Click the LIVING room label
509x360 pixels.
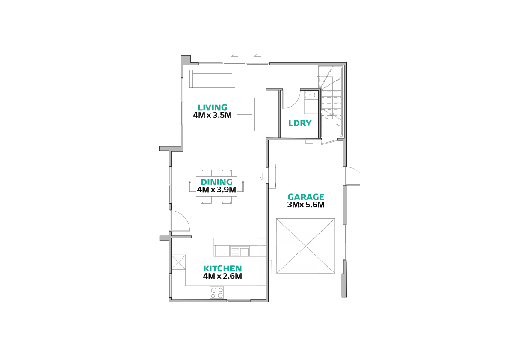pyautogui.click(x=213, y=107)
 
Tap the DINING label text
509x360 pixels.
pyautogui.click(x=216, y=182)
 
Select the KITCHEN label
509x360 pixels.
pyautogui.click(x=222, y=268)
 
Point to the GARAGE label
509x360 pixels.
pyautogui.click(x=306, y=197)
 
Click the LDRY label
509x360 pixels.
pyautogui.click(x=300, y=123)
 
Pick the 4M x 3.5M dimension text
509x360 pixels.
pyautogui.click(x=212, y=115)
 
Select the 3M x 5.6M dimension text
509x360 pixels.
pyautogui.click(x=306, y=205)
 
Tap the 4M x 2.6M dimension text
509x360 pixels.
pyautogui.click(x=222, y=276)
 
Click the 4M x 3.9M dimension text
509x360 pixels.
pyautogui.click(x=216, y=190)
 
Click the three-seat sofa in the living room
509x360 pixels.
pyautogui.click(x=212, y=79)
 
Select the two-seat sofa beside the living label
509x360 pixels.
pyautogui.click(x=246, y=114)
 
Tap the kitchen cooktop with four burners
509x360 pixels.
pyautogui.click(x=216, y=292)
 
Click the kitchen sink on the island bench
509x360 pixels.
pyautogui.click(x=240, y=251)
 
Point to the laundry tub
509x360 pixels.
pyautogui.click(x=310, y=95)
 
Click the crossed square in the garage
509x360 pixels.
pyautogui.click(x=305, y=246)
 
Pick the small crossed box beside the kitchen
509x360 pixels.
pyautogui.click(x=178, y=262)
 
